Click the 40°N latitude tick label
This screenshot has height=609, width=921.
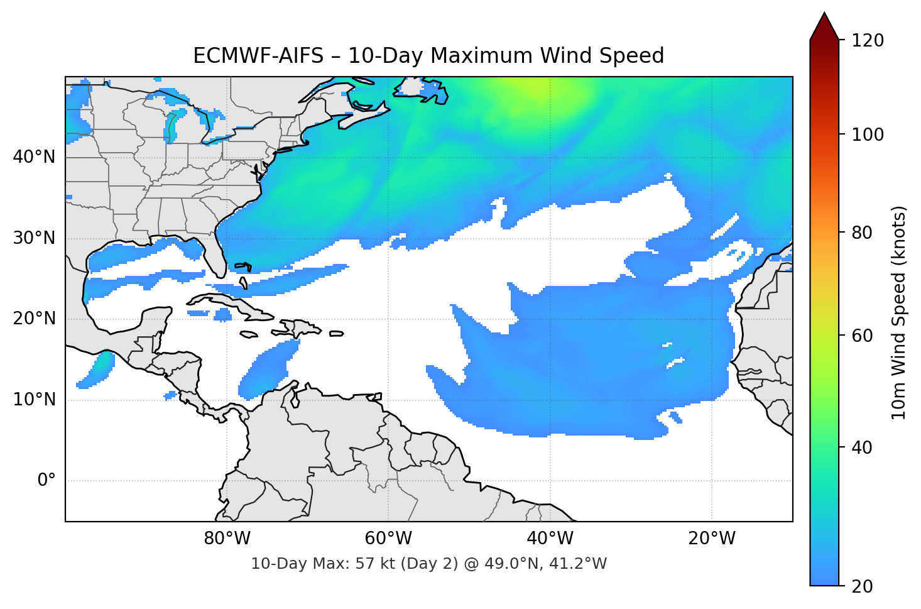pyautogui.click(x=34, y=157)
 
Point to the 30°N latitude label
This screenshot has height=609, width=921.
pyautogui.click(x=34, y=238)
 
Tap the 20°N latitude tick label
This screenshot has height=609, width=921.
pyautogui.click(x=34, y=319)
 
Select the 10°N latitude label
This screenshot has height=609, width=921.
pyautogui.click(x=34, y=400)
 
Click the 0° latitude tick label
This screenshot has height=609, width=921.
pyautogui.click(x=46, y=481)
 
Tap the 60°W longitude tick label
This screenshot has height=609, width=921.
pyautogui.click(x=388, y=539)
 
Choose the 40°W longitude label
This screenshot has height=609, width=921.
pyautogui.click(x=550, y=539)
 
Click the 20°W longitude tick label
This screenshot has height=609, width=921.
pyautogui.click(x=712, y=539)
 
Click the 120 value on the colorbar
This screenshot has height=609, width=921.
pyautogui.click(x=868, y=41)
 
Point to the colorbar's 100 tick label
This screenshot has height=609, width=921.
pyautogui.click(x=868, y=134)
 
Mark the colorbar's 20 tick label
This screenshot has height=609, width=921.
pyautogui.click(x=862, y=586)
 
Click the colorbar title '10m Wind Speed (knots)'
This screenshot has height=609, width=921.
pyautogui.click(x=899, y=312)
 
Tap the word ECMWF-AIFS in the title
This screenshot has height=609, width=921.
pyautogui.click(x=258, y=56)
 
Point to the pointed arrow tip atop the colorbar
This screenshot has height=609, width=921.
pyautogui.click(x=824, y=15)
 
